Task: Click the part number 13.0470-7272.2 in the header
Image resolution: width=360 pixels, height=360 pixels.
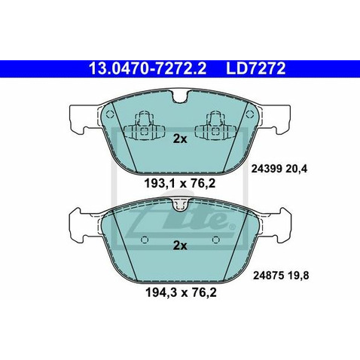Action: (x=148, y=69)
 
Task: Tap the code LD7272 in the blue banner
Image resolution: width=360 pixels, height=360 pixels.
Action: (x=256, y=69)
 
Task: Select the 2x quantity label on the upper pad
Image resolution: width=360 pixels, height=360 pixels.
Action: (x=180, y=139)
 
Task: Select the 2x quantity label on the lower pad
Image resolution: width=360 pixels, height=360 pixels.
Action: (x=180, y=246)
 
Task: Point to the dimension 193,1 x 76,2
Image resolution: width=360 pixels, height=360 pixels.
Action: (x=180, y=184)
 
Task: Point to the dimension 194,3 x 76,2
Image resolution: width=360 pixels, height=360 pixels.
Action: (x=181, y=292)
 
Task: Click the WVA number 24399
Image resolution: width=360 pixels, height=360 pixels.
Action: (x=266, y=169)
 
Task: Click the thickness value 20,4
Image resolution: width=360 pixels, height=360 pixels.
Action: (x=296, y=169)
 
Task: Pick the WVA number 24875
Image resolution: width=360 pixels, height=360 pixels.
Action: (x=267, y=276)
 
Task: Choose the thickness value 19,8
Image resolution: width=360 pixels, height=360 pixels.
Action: (x=297, y=276)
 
